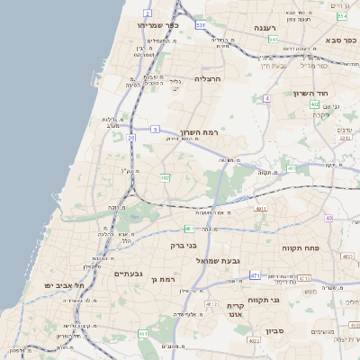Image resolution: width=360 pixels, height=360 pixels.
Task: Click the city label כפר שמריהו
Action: point(158,25)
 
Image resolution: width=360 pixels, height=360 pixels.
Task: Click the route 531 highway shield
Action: point(201,25)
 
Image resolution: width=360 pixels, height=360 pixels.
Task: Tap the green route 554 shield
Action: point(342,16)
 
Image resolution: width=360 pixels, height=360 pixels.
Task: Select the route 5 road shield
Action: point(155,130)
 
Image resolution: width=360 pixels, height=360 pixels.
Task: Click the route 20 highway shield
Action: point(131,138)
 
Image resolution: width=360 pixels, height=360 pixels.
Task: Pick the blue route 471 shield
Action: point(255,275)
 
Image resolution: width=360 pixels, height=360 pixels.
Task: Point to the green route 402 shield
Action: point(314,105)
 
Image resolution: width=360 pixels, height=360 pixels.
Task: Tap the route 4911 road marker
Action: point(262,209)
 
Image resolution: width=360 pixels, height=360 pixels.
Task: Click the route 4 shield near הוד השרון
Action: point(266,98)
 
